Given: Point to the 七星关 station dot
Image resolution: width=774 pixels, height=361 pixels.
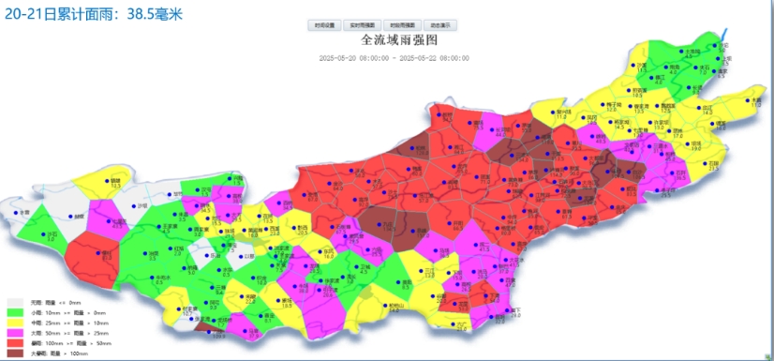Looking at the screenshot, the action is pyautogui.click(x=110, y=220).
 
